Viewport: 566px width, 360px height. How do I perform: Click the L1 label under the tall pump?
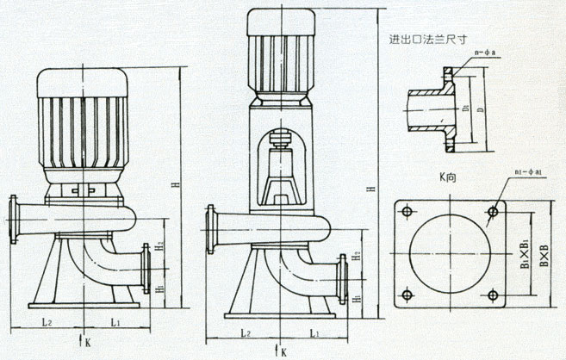(315, 332)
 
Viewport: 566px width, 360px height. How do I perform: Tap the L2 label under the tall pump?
(246, 332)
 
